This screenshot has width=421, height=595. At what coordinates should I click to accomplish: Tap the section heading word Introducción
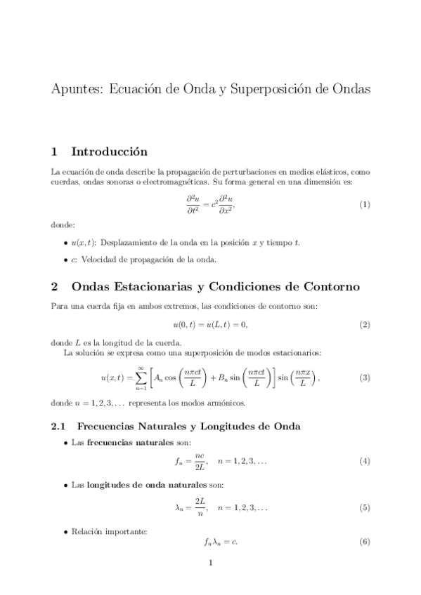[110, 152]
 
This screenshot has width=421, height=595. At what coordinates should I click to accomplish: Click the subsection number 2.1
[59, 426]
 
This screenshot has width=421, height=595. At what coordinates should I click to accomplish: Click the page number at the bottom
[210, 563]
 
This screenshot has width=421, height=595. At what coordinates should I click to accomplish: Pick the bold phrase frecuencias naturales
[120, 443]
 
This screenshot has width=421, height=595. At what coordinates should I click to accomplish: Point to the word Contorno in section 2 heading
[332, 287]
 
